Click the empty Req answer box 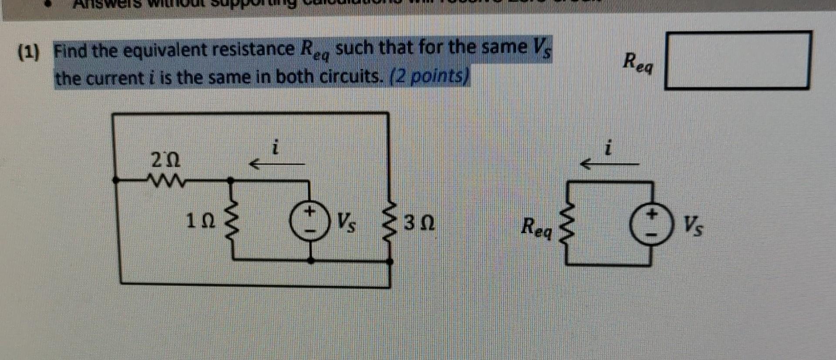(737, 60)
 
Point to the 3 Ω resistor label (419, 225)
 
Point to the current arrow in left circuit (276, 164)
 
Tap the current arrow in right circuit (610, 164)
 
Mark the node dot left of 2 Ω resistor (115, 179)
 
